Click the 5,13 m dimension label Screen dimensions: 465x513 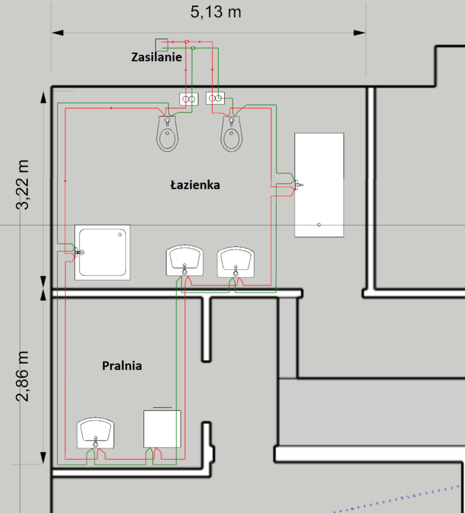216,12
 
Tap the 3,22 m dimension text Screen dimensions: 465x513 22,185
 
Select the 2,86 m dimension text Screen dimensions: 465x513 22,376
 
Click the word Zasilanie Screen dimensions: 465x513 156,57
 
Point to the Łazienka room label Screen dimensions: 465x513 195,185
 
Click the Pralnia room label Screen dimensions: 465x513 122,366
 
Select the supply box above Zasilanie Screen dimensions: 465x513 161,45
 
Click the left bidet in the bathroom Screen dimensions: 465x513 167,133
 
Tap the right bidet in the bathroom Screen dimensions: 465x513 232,133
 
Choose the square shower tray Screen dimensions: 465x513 102,252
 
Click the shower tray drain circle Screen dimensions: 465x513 120,235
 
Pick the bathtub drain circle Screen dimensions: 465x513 319,225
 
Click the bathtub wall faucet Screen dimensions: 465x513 298,185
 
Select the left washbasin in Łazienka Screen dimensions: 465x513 184,260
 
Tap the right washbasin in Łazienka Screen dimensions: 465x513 236,262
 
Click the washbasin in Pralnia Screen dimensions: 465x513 95,433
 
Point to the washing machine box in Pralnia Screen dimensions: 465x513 162,429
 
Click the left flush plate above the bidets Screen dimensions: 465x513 189,99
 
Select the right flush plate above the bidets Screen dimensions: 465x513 215,98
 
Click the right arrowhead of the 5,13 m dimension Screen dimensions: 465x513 360,33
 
